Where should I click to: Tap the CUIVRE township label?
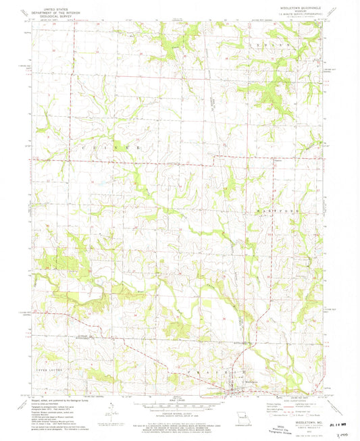pyautogui.click(x=122, y=147)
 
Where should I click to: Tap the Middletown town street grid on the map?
pyautogui.click(x=237, y=388)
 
